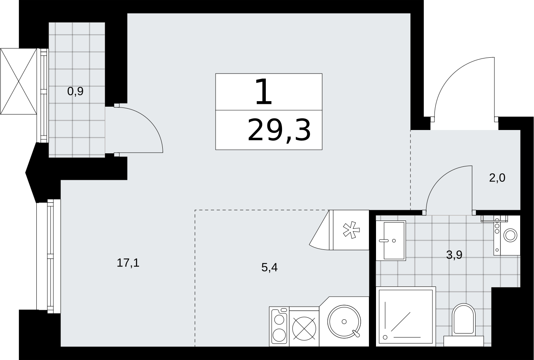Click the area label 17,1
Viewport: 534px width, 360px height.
click(128, 263)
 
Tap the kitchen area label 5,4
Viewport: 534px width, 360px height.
click(269, 268)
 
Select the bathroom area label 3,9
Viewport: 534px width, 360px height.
click(454, 255)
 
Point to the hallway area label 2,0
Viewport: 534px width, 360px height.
click(497, 178)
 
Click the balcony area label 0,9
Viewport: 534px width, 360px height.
click(75, 91)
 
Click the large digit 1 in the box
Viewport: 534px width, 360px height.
click(263, 92)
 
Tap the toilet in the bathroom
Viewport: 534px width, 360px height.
click(463, 325)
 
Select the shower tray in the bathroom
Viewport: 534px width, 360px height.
click(406, 317)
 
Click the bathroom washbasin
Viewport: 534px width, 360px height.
click(391, 241)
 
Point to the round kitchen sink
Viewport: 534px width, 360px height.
click(344, 321)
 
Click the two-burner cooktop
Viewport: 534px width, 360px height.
click(279, 326)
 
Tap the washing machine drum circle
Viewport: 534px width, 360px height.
click(510, 236)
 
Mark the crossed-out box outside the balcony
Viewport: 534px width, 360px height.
click(19, 81)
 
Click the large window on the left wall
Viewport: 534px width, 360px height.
click(49, 256)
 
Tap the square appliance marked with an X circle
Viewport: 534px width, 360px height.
click(304, 328)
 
